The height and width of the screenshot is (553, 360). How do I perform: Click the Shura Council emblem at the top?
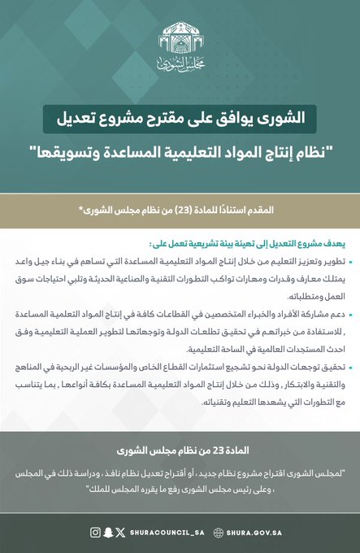tap(180, 38)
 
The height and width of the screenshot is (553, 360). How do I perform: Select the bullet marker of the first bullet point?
tap(339, 262)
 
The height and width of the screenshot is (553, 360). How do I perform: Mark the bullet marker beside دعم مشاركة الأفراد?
tap(339, 312)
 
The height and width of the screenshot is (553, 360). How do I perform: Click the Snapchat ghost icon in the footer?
tap(107, 533)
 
